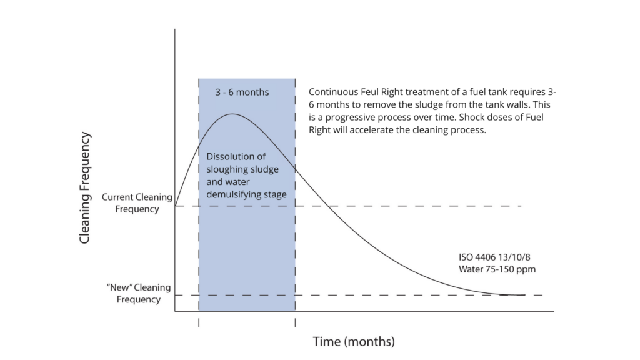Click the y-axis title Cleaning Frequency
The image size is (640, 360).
pos(86,187)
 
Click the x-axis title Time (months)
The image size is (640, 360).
pos(354,342)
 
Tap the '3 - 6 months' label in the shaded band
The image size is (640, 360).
pos(242,92)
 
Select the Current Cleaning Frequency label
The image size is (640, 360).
pos(137,203)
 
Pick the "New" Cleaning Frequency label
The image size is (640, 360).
pos(138,293)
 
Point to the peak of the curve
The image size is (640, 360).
pos(232,114)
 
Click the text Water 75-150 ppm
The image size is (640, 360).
pos(497,269)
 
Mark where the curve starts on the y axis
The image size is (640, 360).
pos(176,206)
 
